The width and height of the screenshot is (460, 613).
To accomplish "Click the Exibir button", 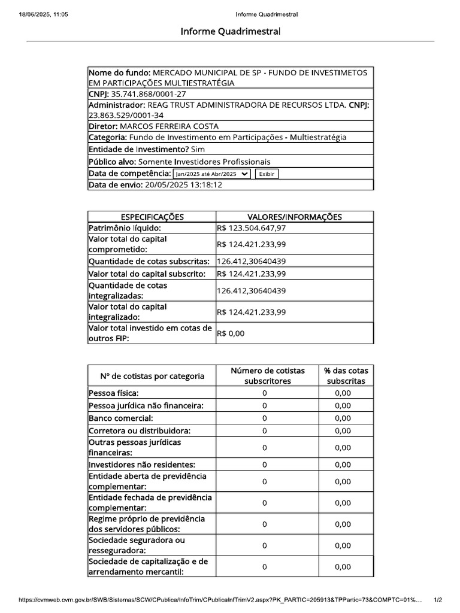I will click(267, 174).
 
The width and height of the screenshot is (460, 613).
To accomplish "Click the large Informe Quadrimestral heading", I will click(230, 31).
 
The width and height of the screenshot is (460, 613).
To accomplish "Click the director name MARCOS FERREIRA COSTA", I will click(170, 126).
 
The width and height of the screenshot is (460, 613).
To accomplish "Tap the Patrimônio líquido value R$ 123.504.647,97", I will click(252, 228).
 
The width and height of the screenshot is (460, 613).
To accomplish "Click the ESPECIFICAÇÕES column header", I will click(152, 217).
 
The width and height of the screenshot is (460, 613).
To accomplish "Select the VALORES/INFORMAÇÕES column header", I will click(295, 217).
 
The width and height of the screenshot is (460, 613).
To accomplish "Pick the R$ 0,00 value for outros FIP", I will click(231, 333).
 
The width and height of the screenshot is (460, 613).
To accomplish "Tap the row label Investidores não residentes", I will click(142, 465).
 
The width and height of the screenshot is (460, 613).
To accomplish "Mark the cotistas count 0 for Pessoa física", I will click(264, 393).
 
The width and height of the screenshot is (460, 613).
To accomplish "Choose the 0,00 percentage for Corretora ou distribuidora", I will click(343, 430).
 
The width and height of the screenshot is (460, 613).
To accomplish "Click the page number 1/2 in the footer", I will click(437, 599).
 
